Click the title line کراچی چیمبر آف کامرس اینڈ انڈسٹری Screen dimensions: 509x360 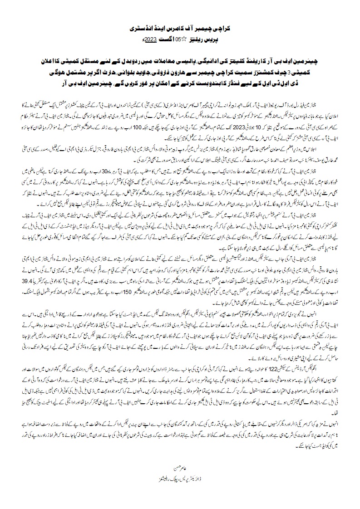click(180, 28)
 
